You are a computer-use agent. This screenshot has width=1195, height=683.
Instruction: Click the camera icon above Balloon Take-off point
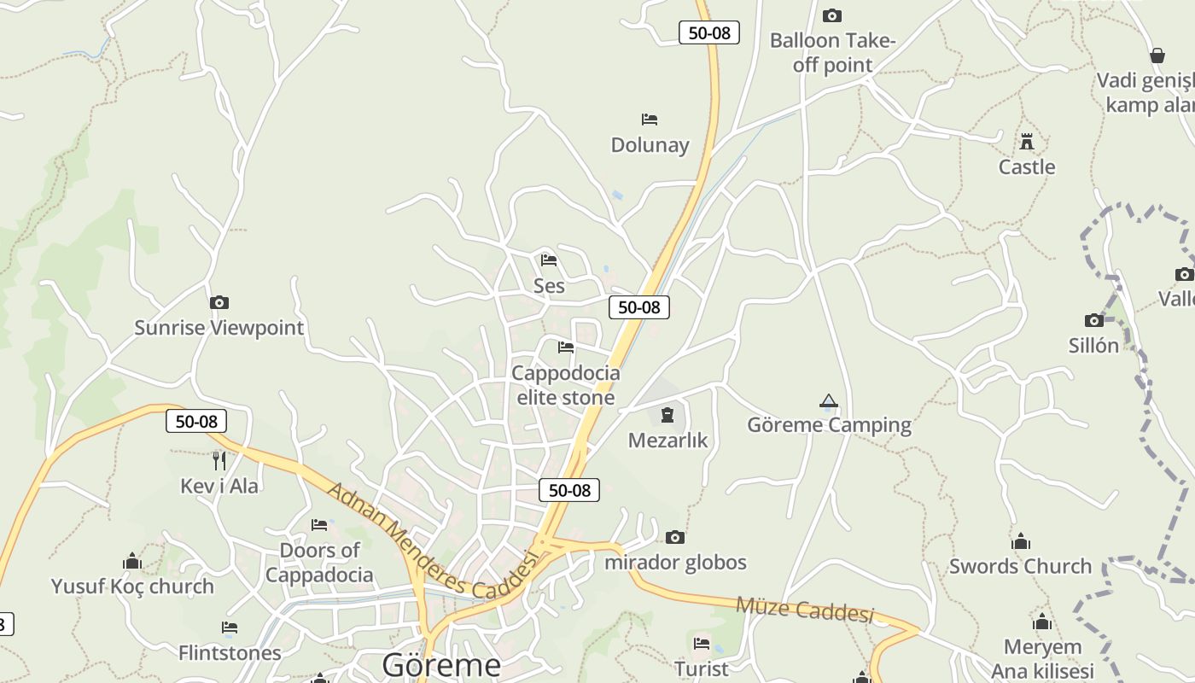[x=831, y=15]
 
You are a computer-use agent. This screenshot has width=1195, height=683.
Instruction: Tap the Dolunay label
[x=650, y=145]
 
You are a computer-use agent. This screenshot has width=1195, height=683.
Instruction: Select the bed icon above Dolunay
[x=650, y=120]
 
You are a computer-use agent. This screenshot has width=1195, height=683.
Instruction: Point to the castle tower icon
[x=1027, y=142]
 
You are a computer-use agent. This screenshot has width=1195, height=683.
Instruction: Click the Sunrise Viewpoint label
[x=219, y=328]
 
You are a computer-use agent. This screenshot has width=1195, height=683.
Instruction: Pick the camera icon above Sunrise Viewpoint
[x=219, y=302]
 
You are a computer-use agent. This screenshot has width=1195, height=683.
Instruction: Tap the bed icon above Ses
[x=549, y=260]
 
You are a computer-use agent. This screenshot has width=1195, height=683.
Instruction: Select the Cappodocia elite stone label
[x=565, y=385]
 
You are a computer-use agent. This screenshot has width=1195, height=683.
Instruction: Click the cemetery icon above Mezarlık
[x=667, y=416]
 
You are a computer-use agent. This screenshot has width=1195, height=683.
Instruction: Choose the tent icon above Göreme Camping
[x=828, y=400]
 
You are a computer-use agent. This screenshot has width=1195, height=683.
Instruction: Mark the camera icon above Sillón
[x=1094, y=320]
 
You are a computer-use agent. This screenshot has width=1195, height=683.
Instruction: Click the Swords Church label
[x=1020, y=566]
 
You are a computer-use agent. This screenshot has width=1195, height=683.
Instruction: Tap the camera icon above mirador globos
[x=675, y=537]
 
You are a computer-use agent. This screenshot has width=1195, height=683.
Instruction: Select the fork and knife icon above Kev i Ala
[x=219, y=461]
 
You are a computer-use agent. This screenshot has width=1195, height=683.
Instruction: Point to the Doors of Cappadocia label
[x=319, y=563]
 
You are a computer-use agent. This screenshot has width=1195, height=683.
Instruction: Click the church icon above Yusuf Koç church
[x=132, y=561]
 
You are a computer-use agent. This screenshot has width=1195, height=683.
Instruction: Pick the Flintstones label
[x=230, y=653]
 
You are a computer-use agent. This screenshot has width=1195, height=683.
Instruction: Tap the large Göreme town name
[x=441, y=664]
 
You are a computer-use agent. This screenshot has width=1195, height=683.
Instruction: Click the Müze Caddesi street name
[x=805, y=610]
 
